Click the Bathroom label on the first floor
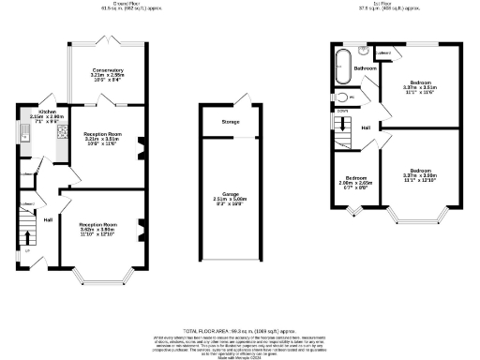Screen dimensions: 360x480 pos(365,68)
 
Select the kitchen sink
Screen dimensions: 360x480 pos(24,139)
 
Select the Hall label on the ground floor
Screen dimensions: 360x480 pos(47,220)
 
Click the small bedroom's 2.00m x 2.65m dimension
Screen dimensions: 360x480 pos(356,183)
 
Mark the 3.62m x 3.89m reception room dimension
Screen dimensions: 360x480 pos(97,231)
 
